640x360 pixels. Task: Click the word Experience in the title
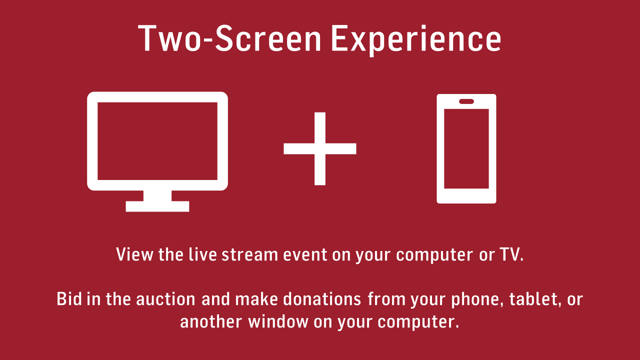[x=416, y=40]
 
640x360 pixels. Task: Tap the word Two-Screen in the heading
[x=229, y=38]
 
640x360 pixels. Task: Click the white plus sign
[x=320, y=148]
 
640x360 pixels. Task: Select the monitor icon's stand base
[x=157, y=206]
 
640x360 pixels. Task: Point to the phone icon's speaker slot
[x=466, y=101]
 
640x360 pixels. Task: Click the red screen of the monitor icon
[x=157, y=141]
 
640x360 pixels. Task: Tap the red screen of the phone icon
[x=466, y=148]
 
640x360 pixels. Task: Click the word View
[x=134, y=254]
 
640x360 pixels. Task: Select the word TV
[x=511, y=254]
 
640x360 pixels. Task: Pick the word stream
[x=249, y=254]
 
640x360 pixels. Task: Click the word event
[x=305, y=255]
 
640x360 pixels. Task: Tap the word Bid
[x=69, y=299]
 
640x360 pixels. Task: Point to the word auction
[x=165, y=299]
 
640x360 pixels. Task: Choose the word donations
[x=322, y=299]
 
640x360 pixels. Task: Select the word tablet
[x=535, y=299]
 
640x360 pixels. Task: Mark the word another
[x=211, y=321]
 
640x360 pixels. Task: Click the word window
[x=278, y=321]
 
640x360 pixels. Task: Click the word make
[x=256, y=299]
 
